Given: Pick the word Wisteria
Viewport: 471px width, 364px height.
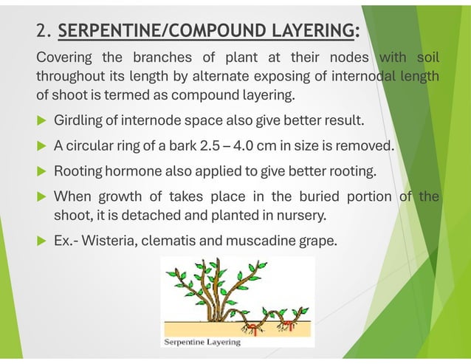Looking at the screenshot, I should click(x=117, y=241).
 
